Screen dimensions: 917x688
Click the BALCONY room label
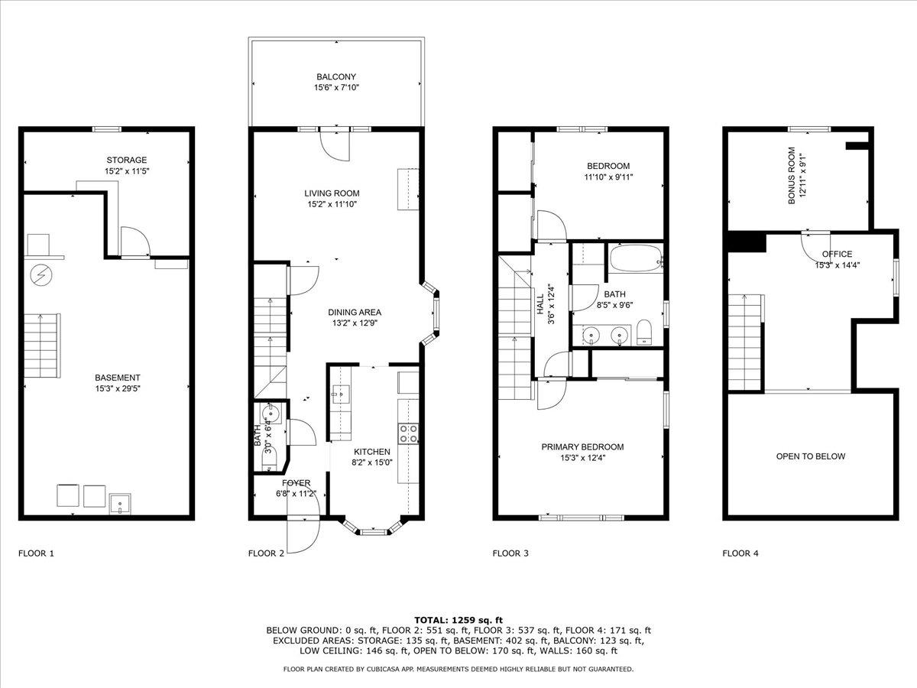tap(336, 77)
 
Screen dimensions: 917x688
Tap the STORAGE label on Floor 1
tap(127, 160)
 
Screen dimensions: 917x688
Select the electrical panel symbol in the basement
tap(41, 275)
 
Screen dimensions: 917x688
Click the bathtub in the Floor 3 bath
tap(637, 258)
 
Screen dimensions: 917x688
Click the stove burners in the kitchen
tap(408, 433)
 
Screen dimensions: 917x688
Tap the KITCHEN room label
tap(372, 452)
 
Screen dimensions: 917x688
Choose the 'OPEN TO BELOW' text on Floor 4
tap(811, 456)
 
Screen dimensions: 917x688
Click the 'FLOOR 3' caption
tap(510, 553)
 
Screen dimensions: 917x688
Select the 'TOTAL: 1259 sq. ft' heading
tap(458, 620)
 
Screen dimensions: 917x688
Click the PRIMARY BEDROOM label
tap(582, 447)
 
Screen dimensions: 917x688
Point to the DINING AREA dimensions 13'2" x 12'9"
tap(355, 323)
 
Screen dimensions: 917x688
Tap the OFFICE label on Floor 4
tap(837, 254)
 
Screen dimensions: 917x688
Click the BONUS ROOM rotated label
tap(792, 176)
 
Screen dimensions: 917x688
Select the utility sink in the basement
tap(120, 503)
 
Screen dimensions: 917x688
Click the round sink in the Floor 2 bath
tap(271, 414)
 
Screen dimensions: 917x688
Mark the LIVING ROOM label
tap(332, 193)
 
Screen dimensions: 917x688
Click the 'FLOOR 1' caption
tap(36, 553)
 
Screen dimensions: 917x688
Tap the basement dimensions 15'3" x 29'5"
tap(118, 388)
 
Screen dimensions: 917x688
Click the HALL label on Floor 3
tap(541, 304)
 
